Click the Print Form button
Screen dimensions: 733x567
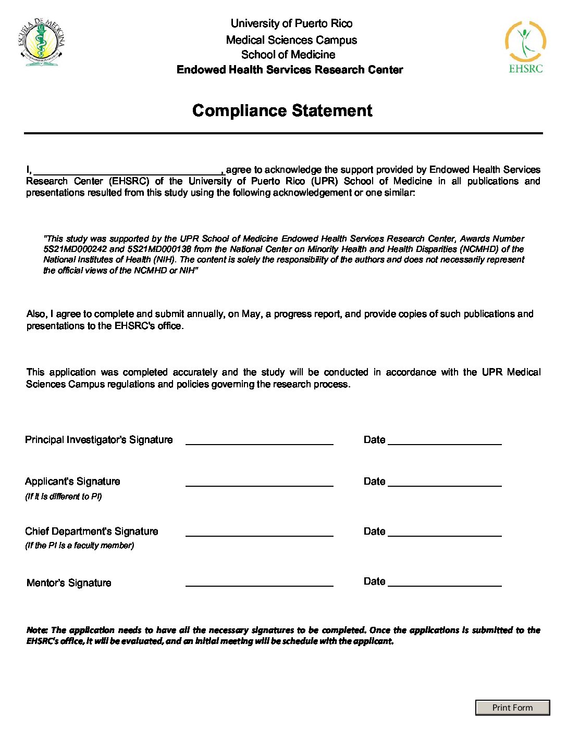512,707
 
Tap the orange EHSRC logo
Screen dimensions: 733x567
525,47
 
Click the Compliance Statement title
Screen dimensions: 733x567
282,110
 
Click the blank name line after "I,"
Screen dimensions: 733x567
129,170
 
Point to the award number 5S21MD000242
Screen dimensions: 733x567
75,249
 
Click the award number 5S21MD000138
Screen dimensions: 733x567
159,249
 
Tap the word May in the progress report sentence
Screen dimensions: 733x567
251,314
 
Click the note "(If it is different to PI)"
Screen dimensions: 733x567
64,497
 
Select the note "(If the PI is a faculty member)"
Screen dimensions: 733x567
79,546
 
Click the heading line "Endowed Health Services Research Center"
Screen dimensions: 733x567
290,70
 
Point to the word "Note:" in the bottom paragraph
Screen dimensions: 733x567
37,630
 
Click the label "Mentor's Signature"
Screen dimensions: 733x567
69,583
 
